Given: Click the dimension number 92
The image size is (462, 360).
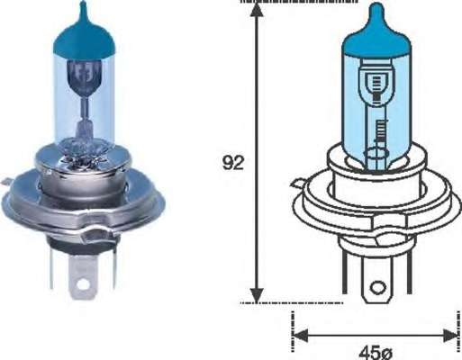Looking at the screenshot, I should [232, 163].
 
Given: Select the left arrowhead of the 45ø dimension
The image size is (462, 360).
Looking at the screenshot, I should [300, 336].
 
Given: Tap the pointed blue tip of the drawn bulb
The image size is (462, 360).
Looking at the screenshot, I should [376, 13].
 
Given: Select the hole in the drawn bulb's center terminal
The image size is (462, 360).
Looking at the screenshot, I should [378, 290].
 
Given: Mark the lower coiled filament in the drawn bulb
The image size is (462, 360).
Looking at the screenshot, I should [377, 135].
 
